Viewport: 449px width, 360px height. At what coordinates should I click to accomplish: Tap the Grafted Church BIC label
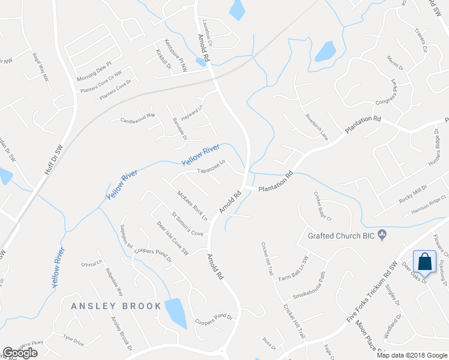[x=341, y=235]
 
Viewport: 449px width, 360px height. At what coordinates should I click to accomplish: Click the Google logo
[x=20, y=353]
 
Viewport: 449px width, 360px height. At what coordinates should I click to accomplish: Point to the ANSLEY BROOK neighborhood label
[x=116, y=306]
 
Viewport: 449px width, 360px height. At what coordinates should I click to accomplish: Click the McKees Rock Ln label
[x=192, y=205]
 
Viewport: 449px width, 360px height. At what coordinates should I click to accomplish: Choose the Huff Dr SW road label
[x=54, y=160]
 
